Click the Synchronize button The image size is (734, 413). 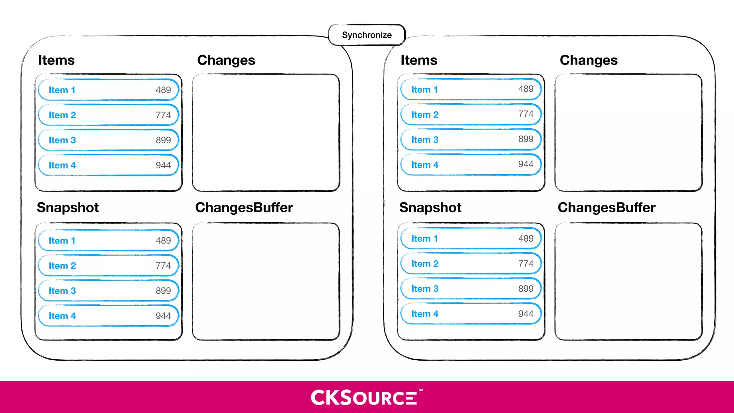(x=367, y=35)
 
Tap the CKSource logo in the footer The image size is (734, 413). (x=366, y=397)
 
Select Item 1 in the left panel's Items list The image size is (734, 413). (x=62, y=90)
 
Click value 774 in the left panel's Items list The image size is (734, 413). (x=163, y=115)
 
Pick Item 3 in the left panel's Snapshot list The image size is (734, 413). (x=62, y=291)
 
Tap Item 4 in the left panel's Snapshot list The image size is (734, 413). (x=62, y=316)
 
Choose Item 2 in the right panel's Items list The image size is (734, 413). (x=425, y=115)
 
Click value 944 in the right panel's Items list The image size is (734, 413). (x=526, y=164)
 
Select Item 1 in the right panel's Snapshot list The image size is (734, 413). (x=424, y=239)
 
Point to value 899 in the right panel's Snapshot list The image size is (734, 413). (x=526, y=289)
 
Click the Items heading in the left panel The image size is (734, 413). (x=56, y=60)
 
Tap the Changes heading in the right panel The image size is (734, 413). (x=588, y=60)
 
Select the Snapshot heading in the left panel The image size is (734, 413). (x=68, y=208)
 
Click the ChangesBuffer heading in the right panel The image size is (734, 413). (x=606, y=208)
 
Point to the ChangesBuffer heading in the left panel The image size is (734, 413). (x=244, y=208)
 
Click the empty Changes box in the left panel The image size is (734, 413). (x=266, y=133)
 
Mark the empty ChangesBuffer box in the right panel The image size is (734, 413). (x=628, y=281)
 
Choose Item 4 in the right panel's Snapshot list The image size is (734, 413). (x=425, y=314)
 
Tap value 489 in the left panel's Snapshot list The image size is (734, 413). (x=163, y=241)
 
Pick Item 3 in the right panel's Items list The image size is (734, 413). (x=425, y=140)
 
